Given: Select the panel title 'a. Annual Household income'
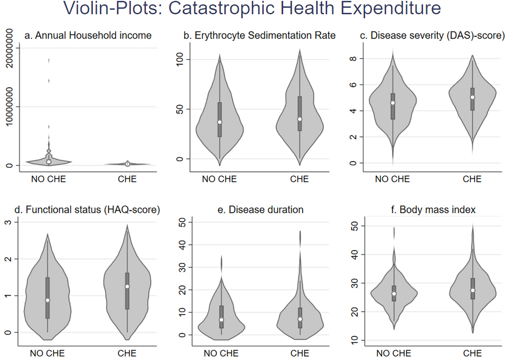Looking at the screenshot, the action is pos(88,35).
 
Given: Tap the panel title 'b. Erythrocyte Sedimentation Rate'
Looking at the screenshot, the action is pos(259,35).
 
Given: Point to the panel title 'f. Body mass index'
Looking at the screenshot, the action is pos(433,210).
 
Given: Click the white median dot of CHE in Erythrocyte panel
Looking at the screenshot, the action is pos(300,119).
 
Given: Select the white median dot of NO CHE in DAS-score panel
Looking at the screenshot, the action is pos(393,103).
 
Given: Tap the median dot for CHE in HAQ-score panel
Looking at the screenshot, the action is pos(127,286).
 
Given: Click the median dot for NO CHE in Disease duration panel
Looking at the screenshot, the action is pos(221,320).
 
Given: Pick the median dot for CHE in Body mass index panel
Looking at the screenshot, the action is pos(473,290).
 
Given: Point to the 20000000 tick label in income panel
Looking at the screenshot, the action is pos(9,48).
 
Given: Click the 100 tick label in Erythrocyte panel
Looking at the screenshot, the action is pos(180,59).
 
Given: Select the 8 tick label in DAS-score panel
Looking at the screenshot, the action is pos(353,59).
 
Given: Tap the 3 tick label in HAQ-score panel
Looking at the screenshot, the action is pos(8,222).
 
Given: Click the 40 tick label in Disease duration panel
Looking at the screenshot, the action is pos(182,245).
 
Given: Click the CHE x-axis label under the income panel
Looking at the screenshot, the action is pos(127,179).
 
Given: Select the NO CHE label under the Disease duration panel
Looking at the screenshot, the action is pos(221,353).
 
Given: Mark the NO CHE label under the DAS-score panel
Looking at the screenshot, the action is pos(392,179).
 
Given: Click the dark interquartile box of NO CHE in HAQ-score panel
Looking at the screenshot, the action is pos(47,298).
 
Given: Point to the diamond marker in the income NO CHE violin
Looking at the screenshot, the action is pos(49,151).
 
